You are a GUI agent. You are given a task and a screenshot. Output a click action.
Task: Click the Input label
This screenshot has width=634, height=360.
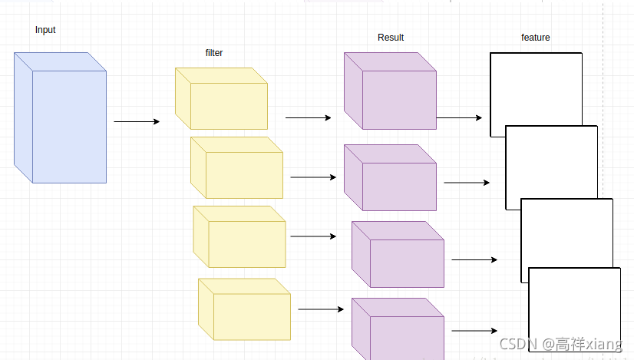[x=45, y=30]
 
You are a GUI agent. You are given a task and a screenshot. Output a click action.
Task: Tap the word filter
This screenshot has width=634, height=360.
[x=214, y=53]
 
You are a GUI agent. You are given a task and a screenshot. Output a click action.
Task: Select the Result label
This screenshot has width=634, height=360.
[x=390, y=38]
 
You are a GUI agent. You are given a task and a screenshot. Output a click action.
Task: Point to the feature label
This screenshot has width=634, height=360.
[x=535, y=38]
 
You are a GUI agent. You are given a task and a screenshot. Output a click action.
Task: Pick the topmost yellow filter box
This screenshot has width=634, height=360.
[x=221, y=98]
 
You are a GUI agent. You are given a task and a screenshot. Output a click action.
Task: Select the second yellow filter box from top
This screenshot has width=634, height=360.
[x=236, y=167]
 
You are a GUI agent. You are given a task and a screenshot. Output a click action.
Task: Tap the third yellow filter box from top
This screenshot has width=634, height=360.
[x=239, y=236]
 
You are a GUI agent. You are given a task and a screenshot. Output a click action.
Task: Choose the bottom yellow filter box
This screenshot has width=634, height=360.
[x=244, y=309]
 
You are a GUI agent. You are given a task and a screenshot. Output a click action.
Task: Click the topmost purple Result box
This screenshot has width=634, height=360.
[x=390, y=91]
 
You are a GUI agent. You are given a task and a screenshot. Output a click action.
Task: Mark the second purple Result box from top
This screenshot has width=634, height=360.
[x=390, y=177]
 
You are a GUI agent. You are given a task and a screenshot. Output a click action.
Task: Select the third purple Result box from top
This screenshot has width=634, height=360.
[x=398, y=254]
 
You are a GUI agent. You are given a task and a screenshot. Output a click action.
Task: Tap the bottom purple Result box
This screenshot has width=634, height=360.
[x=398, y=329]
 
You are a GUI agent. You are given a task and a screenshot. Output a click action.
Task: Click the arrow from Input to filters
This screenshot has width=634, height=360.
[x=137, y=121]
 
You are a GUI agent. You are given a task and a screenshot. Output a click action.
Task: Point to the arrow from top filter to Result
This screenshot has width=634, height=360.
[x=308, y=117]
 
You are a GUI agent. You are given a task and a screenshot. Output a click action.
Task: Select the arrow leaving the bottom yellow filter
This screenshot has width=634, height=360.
[x=320, y=309]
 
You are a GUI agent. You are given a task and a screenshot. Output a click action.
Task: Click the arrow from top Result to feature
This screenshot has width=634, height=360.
[x=459, y=118]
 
